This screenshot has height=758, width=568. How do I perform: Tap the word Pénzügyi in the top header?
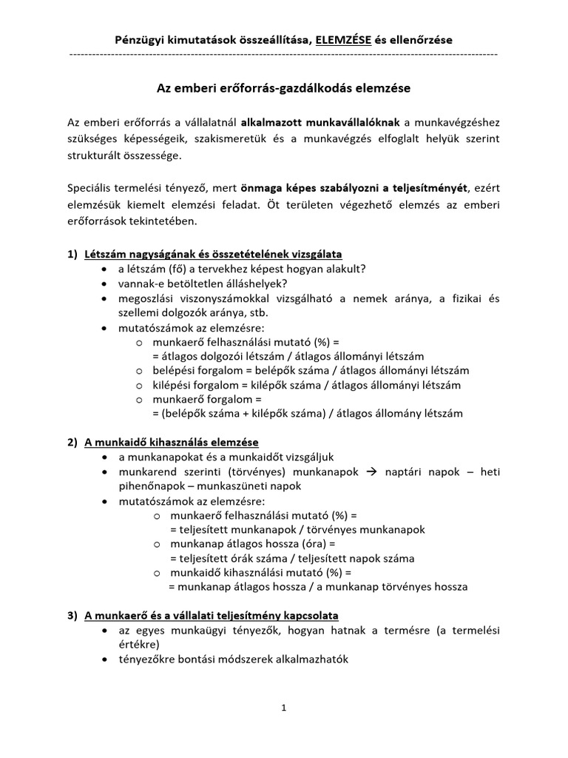(138, 38)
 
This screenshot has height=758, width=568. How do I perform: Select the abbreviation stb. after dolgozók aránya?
(258, 312)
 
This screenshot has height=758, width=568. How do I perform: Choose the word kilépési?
(175, 385)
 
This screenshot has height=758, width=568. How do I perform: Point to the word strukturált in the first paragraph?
(95, 156)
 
